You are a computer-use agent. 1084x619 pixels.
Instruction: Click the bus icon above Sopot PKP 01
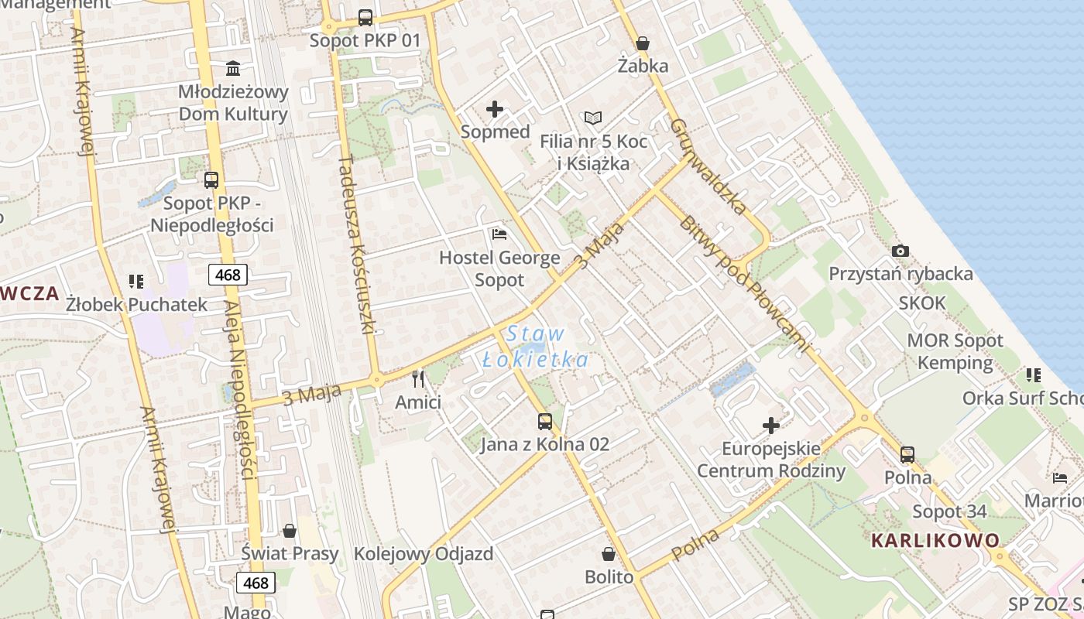pyautogui.click(x=365, y=18)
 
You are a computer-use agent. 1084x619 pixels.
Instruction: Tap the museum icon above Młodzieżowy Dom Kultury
pyautogui.click(x=232, y=68)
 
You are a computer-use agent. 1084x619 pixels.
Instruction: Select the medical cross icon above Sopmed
pyautogui.click(x=495, y=109)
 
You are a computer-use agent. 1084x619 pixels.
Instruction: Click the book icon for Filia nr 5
pyautogui.click(x=593, y=118)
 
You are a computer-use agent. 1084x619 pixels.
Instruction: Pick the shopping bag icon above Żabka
pyautogui.click(x=642, y=43)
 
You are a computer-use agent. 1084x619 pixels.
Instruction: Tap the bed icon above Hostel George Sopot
pyautogui.click(x=499, y=234)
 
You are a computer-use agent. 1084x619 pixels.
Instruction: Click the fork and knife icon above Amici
pyautogui.click(x=418, y=379)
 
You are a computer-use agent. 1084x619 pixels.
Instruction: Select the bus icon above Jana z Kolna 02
pyautogui.click(x=545, y=422)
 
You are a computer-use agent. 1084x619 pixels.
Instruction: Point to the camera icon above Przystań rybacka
pyautogui.click(x=900, y=251)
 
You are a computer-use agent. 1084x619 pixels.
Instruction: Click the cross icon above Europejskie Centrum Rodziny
pyautogui.click(x=771, y=425)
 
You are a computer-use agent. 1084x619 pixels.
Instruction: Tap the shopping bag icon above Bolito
pyautogui.click(x=609, y=554)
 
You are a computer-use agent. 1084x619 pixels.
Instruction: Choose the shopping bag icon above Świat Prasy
pyautogui.click(x=290, y=531)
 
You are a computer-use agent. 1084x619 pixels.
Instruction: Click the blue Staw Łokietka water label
pyautogui.click(x=535, y=347)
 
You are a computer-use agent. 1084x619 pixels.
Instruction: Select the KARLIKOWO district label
pyautogui.click(x=935, y=540)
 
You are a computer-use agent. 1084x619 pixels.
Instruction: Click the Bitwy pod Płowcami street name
pyautogui.click(x=744, y=284)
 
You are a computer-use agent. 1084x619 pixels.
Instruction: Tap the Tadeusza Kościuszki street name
pyautogui.click(x=356, y=244)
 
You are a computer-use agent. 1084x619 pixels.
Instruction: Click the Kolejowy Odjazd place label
pyautogui.click(x=424, y=554)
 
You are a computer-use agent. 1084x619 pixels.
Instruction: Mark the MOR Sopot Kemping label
pyautogui.click(x=955, y=351)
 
